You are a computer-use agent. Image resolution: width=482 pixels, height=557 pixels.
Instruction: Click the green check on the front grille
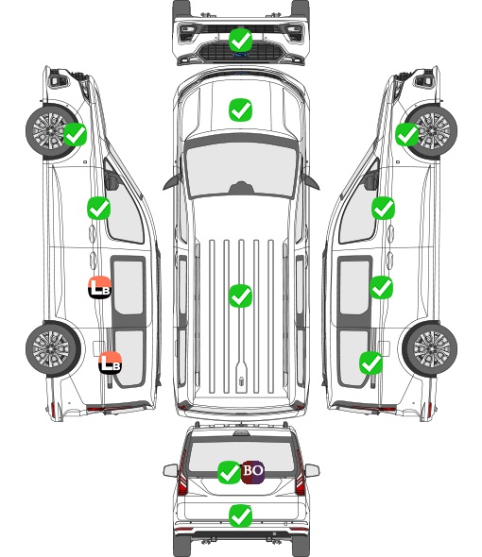(240, 41)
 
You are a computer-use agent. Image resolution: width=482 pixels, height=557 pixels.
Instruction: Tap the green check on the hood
(240, 110)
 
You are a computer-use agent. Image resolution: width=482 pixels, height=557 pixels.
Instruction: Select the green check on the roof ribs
(240, 295)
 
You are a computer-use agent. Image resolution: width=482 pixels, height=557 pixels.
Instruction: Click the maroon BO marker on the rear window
(252, 472)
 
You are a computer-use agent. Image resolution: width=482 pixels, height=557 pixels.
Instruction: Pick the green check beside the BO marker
(229, 472)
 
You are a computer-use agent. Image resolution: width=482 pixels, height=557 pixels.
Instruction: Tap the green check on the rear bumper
(240, 515)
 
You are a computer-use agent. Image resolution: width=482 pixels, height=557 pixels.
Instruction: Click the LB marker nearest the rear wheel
(111, 363)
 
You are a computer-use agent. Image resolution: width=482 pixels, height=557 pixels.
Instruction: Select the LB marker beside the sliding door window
(99, 287)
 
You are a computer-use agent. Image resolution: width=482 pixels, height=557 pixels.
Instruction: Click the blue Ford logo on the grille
(241, 55)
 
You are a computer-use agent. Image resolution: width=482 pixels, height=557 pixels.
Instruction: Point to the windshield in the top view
(241, 169)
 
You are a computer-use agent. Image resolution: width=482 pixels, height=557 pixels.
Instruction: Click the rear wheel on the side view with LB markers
(53, 348)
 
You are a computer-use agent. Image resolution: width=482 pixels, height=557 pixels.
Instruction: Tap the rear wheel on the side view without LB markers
(430, 348)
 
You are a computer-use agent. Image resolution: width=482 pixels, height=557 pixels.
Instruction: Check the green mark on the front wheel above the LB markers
(75, 134)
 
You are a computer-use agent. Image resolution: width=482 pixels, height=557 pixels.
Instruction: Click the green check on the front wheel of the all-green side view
(407, 134)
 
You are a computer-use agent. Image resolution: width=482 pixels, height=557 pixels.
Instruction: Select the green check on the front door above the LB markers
(98, 208)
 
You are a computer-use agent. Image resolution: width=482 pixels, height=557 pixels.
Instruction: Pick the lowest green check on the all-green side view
(370, 363)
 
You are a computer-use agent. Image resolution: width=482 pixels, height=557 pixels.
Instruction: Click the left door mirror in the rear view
(170, 470)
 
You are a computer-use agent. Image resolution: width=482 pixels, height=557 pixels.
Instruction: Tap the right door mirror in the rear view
(312, 470)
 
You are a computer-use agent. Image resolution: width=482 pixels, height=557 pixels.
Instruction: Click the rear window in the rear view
(241, 457)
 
